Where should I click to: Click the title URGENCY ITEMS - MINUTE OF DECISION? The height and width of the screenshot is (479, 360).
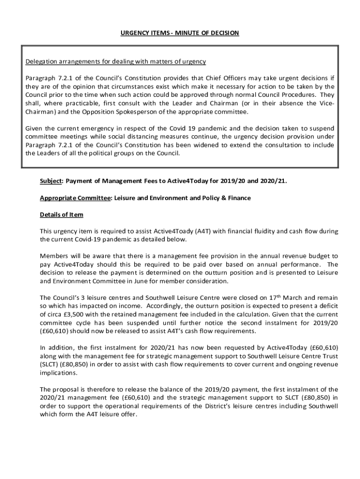tap(180, 33)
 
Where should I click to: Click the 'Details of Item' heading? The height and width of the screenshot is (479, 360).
tap(61, 214)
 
